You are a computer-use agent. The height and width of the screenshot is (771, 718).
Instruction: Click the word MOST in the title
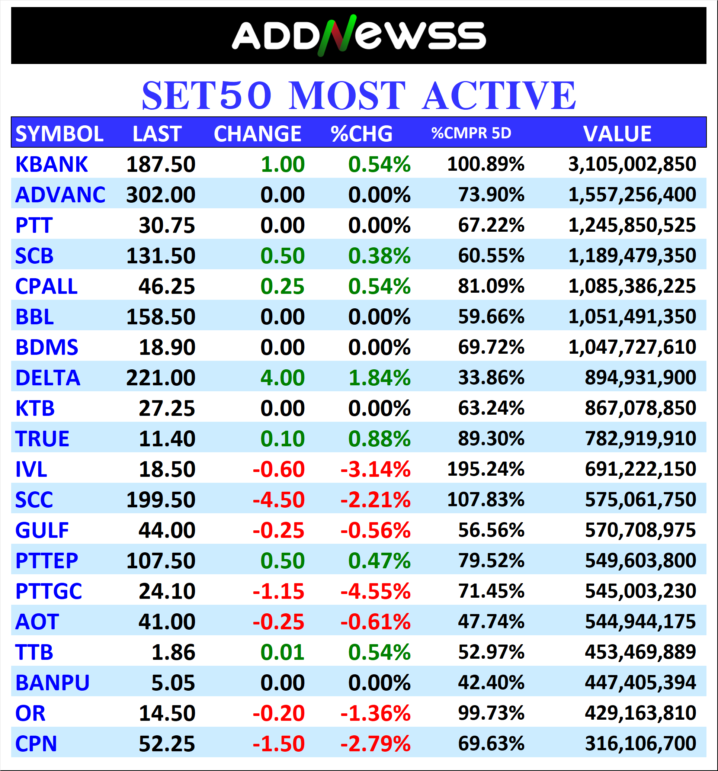347,96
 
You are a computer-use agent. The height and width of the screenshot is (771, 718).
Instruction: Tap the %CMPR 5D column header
471,134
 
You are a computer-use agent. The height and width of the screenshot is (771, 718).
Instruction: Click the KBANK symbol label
52,164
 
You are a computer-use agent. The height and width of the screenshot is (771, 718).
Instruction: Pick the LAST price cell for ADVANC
161,195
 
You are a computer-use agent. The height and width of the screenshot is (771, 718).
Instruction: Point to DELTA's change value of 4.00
282,378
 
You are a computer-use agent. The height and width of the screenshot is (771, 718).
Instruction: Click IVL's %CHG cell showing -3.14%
375,469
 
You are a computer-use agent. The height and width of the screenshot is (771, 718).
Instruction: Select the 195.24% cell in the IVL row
485,469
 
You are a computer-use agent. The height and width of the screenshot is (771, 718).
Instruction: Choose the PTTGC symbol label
48,591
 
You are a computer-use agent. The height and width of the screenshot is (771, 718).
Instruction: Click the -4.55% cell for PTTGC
375,591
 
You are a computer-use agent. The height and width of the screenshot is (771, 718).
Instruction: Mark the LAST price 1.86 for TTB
173,652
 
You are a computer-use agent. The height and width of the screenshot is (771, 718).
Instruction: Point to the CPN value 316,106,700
640,744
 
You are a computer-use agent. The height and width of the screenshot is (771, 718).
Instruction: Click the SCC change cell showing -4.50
279,500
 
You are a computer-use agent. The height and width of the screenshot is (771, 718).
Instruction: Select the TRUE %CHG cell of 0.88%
379,439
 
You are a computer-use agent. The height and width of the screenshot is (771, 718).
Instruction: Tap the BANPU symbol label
52,683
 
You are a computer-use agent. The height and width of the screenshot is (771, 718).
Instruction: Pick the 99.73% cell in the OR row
491,713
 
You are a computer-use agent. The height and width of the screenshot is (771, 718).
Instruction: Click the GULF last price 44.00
167,530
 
